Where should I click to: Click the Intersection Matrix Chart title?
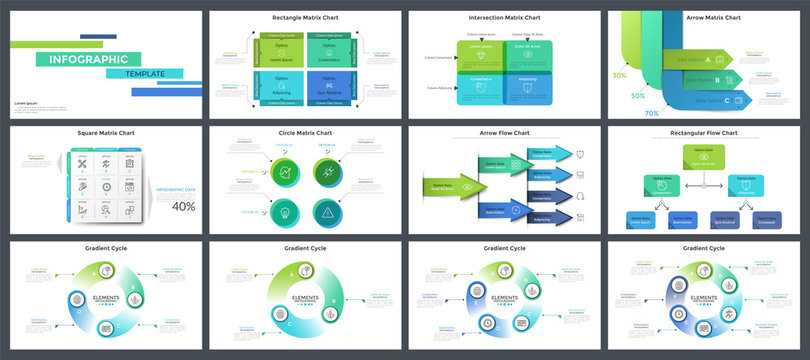504,17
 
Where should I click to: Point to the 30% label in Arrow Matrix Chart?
620,75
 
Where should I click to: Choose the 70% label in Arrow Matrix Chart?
651,114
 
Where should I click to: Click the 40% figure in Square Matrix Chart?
184,207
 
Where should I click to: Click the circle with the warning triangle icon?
328,211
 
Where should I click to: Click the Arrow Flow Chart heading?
504,133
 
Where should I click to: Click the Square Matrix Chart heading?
106,133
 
